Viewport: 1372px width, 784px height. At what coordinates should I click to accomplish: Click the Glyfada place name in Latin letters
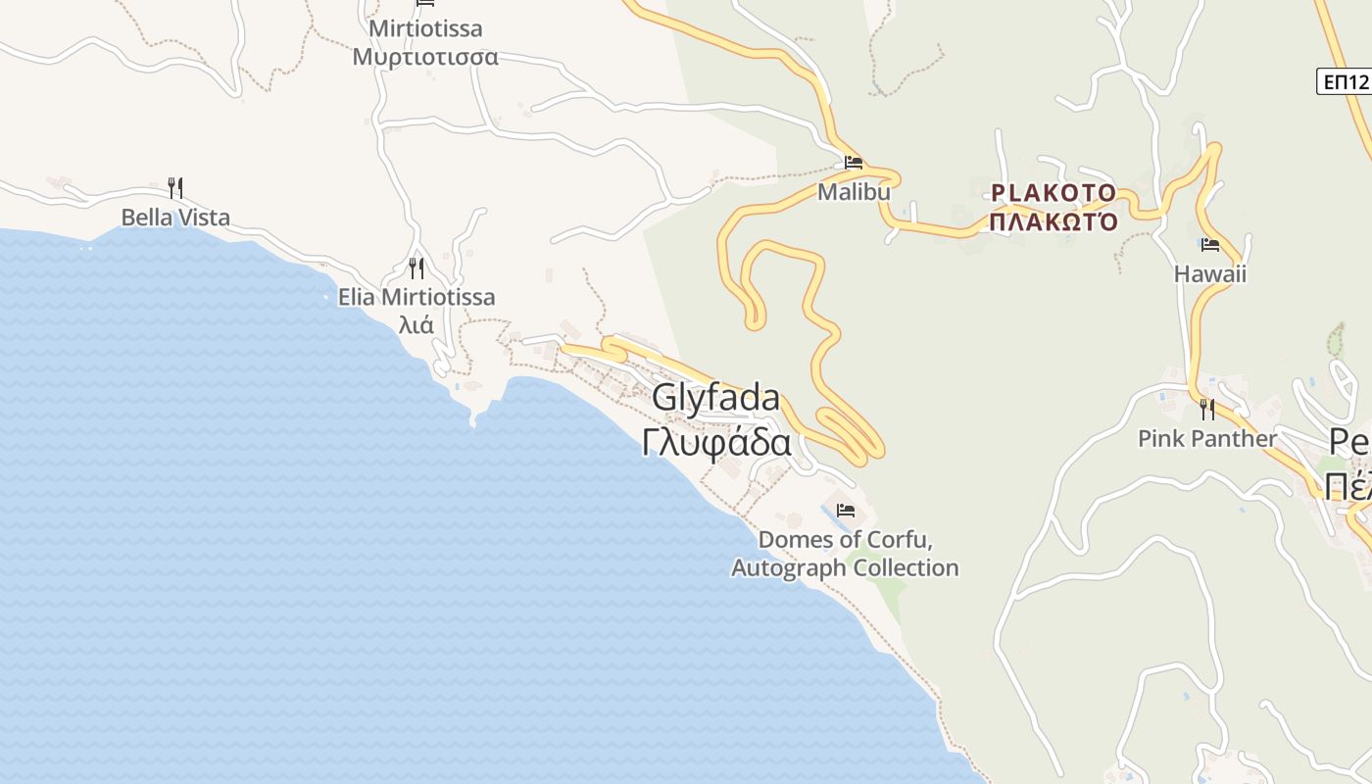click(x=715, y=398)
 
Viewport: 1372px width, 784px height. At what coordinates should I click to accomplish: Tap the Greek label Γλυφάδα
click(x=716, y=443)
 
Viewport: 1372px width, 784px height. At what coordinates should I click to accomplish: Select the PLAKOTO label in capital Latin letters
click(x=1053, y=193)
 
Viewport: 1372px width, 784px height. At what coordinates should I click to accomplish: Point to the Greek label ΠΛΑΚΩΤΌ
click(x=1053, y=221)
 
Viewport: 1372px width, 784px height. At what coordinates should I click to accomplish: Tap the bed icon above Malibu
click(x=854, y=163)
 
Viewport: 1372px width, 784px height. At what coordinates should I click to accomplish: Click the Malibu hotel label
click(x=854, y=192)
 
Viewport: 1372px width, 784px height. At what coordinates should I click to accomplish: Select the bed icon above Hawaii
click(x=1210, y=245)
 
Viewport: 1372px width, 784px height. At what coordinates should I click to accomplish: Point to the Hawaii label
click(x=1210, y=273)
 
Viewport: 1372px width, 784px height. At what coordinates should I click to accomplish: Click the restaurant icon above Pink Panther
click(x=1207, y=409)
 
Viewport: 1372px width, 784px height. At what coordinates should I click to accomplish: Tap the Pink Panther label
click(x=1207, y=438)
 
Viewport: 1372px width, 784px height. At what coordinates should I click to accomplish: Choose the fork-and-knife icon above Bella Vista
click(x=175, y=187)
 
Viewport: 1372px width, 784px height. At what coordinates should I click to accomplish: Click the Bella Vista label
click(x=175, y=218)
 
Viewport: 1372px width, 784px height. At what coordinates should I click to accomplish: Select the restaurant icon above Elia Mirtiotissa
click(x=416, y=268)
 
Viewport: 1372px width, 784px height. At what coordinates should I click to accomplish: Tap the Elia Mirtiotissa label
click(x=416, y=297)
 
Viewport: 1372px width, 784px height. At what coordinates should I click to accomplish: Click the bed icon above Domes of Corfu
click(x=846, y=511)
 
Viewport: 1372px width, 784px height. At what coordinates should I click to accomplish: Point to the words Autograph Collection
click(x=845, y=568)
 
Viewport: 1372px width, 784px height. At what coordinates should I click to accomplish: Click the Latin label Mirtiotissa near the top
click(x=425, y=28)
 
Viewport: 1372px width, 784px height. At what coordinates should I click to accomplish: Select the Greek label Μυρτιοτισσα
click(x=425, y=57)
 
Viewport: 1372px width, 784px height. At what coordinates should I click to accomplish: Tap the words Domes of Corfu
click(x=845, y=540)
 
